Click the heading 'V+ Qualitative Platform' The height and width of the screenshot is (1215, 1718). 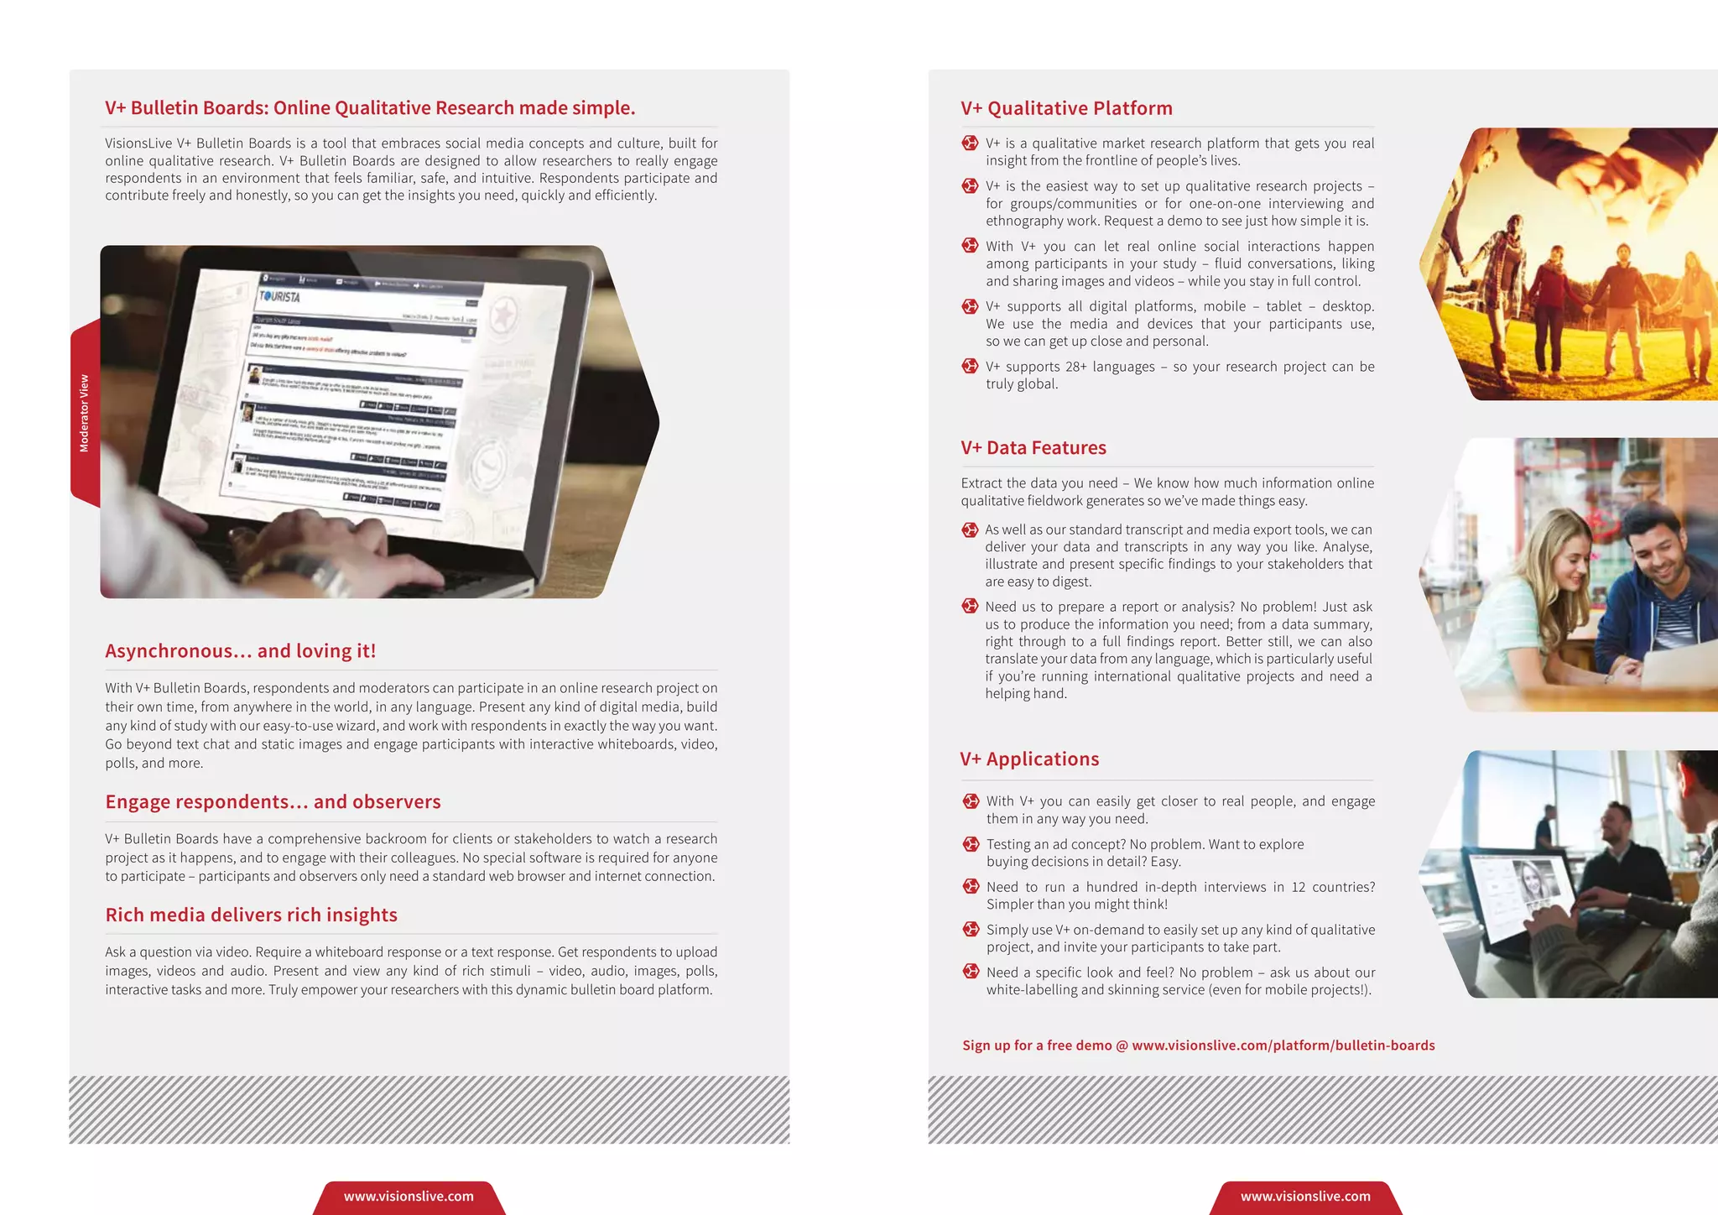(1066, 108)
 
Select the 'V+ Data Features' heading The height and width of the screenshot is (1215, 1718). (1033, 448)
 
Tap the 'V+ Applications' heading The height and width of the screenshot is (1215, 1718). (1029, 759)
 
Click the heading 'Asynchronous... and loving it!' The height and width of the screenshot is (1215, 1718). (241, 651)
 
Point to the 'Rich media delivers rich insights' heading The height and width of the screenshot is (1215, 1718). (251, 915)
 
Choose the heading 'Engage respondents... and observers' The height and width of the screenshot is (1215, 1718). (273, 802)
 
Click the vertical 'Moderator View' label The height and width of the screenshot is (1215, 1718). (84, 414)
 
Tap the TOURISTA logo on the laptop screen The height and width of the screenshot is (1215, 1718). (279, 296)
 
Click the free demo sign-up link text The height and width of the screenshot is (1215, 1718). (1198, 1046)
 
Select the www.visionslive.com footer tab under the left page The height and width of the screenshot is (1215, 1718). (409, 1197)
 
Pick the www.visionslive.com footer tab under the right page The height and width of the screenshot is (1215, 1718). (1305, 1197)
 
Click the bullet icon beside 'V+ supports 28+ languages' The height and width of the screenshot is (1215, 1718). (971, 367)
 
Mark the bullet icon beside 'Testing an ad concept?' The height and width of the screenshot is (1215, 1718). (971, 844)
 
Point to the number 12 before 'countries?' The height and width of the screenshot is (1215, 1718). (1298, 887)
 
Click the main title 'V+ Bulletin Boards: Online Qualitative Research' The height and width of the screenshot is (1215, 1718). (370, 108)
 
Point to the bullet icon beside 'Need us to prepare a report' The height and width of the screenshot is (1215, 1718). (970, 607)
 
